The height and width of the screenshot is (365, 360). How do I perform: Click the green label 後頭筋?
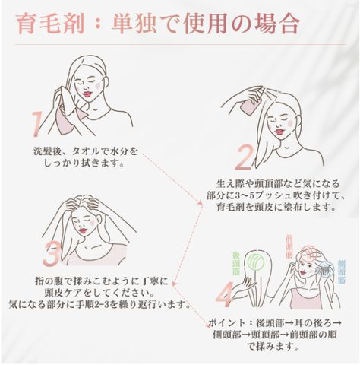click(238, 263)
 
